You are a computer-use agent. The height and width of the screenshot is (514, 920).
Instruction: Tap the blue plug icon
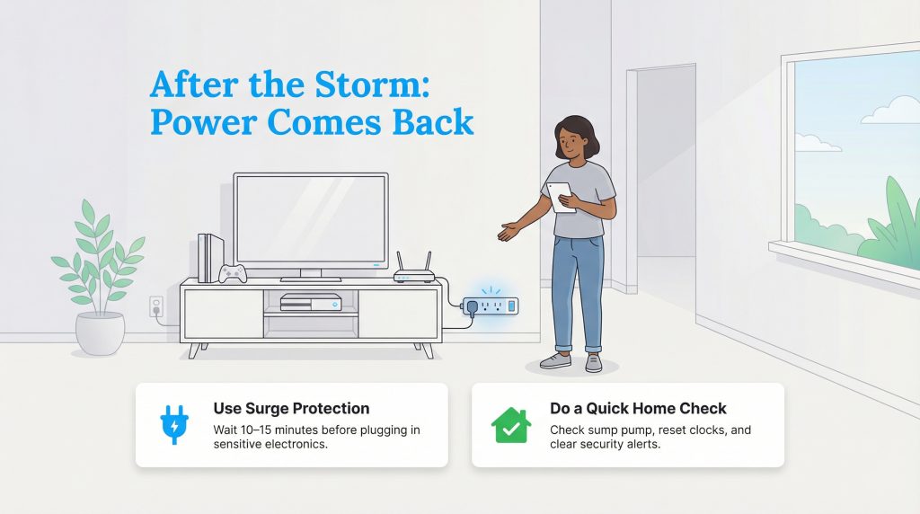172,425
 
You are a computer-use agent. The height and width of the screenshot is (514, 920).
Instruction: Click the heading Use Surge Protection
291,409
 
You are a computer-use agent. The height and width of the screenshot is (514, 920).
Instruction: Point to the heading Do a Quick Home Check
638,409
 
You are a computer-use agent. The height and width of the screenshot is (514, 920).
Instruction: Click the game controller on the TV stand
234,272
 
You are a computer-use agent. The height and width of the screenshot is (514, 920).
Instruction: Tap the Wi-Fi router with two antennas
414,270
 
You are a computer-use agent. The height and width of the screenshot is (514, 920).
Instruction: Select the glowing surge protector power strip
491,307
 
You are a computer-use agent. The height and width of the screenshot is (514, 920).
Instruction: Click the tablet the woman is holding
562,197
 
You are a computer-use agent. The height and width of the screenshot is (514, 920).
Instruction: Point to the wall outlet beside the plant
155,306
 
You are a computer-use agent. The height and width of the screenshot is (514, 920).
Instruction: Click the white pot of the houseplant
100,332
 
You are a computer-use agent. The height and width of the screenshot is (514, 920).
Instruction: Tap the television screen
310,220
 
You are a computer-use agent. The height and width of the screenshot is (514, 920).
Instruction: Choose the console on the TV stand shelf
311,302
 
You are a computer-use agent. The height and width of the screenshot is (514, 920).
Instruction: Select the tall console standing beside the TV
210,258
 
